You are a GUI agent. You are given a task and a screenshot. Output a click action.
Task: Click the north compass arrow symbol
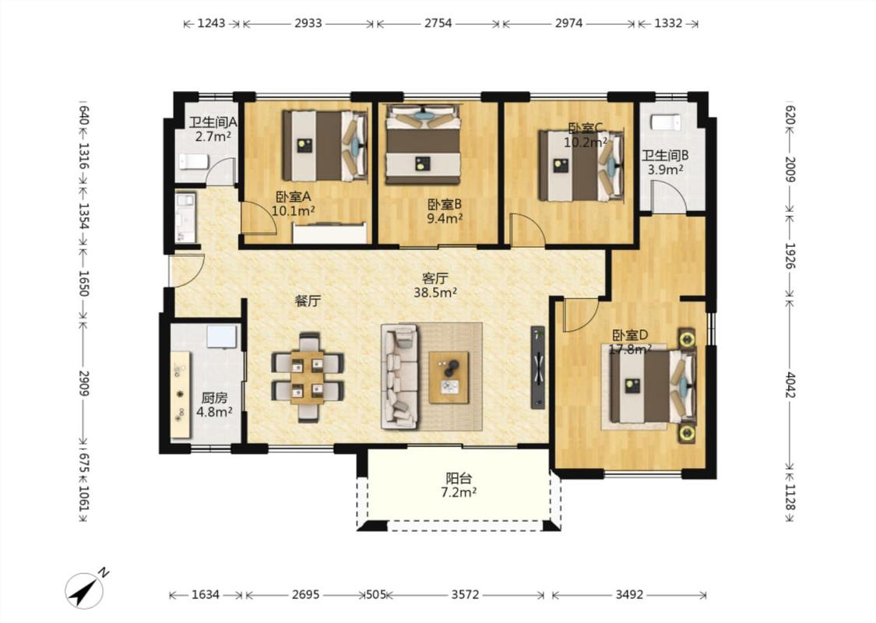[x=85, y=590]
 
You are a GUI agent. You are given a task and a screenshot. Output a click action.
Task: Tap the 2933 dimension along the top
[x=308, y=23]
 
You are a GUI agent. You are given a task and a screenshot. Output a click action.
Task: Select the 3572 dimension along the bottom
[x=465, y=594]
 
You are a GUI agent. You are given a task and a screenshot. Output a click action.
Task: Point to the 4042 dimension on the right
[x=790, y=385]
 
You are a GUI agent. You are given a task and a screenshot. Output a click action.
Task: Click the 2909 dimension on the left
[x=84, y=383]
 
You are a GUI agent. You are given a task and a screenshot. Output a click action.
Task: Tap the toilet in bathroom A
[x=194, y=162]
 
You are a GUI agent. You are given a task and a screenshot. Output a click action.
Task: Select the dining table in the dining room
[x=308, y=377]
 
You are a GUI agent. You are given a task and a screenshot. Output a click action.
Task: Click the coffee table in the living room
[x=449, y=377]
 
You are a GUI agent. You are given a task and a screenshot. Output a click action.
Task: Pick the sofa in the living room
[x=400, y=377]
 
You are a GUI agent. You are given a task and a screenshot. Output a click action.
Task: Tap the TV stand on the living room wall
[x=537, y=367]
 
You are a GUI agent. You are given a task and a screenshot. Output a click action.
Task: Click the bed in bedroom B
[x=423, y=144]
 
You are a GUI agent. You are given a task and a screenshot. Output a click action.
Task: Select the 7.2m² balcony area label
[x=458, y=492]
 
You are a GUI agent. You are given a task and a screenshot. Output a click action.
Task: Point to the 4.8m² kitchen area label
[x=214, y=413]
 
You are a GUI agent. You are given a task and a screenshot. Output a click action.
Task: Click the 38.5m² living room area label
[x=435, y=292]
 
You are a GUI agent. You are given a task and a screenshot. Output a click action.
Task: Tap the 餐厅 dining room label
[x=308, y=301]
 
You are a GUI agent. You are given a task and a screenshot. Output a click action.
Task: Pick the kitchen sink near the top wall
[x=222, y=337]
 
